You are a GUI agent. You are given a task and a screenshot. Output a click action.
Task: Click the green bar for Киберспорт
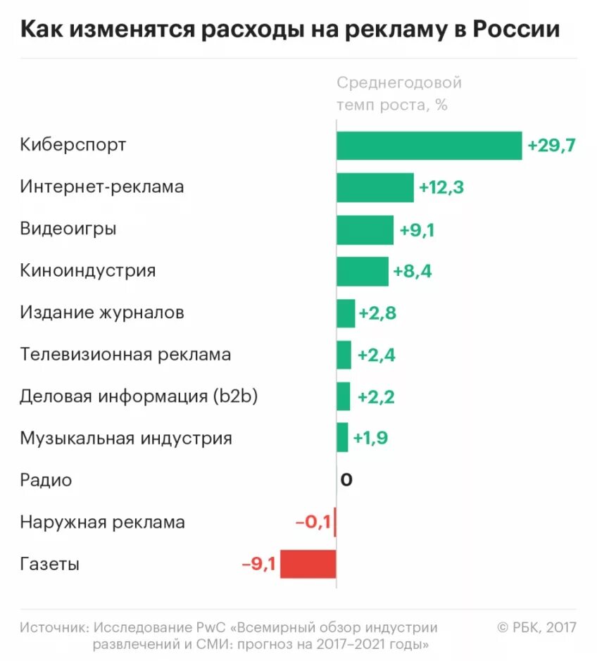tap(429, 146)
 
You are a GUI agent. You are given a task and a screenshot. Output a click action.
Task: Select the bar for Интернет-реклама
tap(375, 187)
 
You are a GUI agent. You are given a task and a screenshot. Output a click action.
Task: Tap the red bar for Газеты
tap(308, 564)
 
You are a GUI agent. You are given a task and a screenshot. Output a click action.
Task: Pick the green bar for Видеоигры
tap(365, 229)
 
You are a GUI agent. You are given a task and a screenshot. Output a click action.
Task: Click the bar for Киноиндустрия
tap(362, 271)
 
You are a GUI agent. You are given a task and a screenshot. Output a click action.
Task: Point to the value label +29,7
tap(552, 146)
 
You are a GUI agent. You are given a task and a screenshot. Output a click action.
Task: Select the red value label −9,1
tap(258, 564)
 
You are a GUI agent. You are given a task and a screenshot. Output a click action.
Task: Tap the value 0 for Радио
tap(346, 481)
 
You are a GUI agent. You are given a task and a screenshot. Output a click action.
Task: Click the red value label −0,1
tap(313, 522)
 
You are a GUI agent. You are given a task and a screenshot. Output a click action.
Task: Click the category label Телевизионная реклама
tap(125, 355)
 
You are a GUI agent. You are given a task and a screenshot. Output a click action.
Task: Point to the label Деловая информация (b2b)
tap(139, 397)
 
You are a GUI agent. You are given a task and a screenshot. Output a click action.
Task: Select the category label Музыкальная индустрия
tap(126, 439)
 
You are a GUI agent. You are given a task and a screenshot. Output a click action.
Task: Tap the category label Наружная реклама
tap(103, 522)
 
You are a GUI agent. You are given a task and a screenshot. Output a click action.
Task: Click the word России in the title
tap(516, 30)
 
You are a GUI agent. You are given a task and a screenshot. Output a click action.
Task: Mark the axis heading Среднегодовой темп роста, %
tap(398, 94)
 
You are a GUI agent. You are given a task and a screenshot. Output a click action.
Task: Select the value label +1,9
tap(370, 439)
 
